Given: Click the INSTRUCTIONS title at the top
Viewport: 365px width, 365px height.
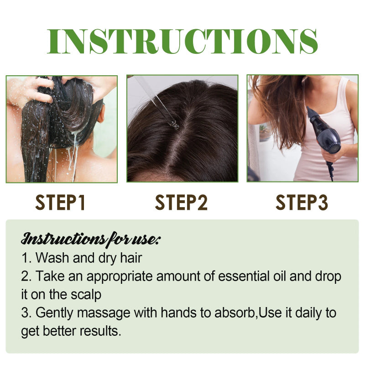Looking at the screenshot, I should (182, 42).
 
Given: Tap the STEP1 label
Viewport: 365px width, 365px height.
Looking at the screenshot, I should (61, 203).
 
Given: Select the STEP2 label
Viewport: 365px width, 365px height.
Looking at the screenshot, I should (181, 203).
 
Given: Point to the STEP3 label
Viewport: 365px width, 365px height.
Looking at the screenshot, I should (302, 203).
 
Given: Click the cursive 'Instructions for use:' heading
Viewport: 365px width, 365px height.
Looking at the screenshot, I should (91, 239).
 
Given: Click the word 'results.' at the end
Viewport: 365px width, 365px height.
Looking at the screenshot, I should (100, 331).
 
